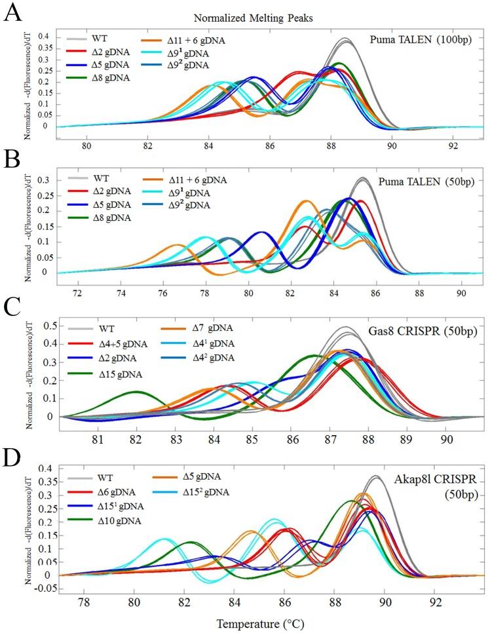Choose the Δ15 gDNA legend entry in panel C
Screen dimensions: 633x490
pyautogui.click(x=124, y=374)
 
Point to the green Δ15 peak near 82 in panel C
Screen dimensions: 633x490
pyautogui.click(x=136, y=392)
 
